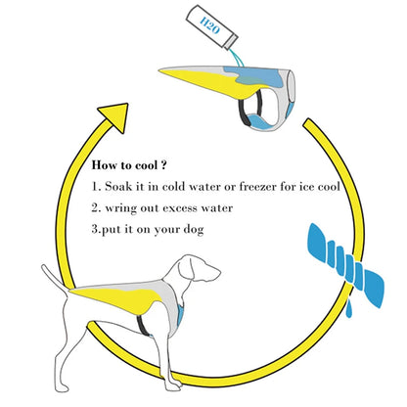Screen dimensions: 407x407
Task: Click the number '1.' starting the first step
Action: point(95,185)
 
